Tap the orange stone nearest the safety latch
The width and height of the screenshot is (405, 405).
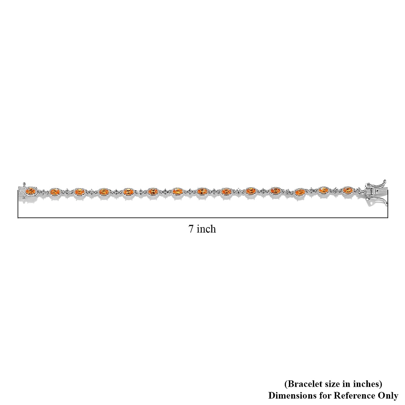pyautogui.click(x=348, y=191)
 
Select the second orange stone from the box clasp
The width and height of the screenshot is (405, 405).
pyautogui.click(x=54, y=192)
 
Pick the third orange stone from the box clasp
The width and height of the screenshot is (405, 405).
pyautogui.click(x=79, y=192)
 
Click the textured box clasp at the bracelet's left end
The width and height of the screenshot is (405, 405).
pyautogui.click(x=22, y=190)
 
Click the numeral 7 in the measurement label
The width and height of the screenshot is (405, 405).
pyautogui.click(x=191, y=229)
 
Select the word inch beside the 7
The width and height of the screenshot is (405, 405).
pyautogui.click(x=206, y=229)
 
